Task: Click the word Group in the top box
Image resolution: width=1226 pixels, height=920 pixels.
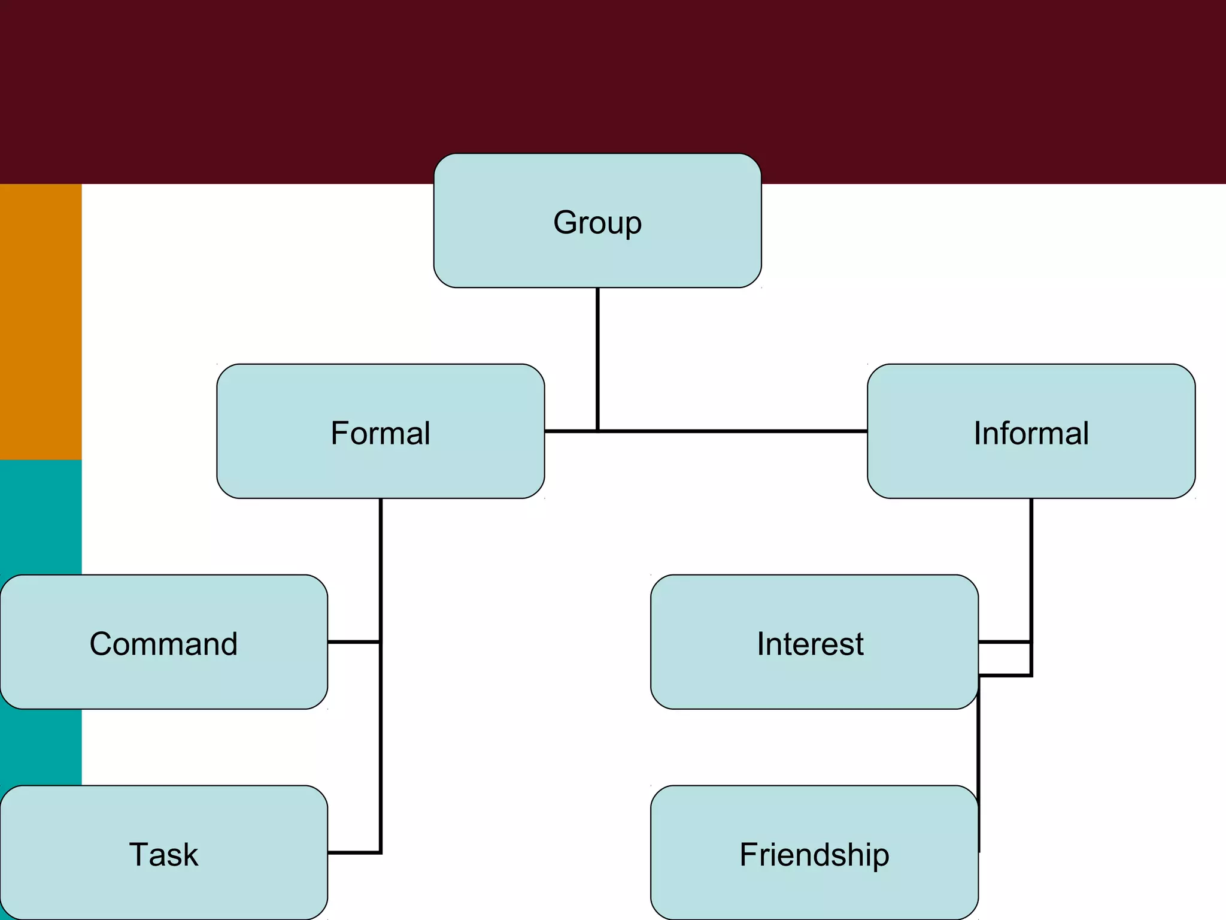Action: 597,223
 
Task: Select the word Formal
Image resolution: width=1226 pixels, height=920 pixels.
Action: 380,433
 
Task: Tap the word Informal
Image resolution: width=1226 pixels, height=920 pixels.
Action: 1031,433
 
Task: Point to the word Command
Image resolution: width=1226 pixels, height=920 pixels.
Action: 163,644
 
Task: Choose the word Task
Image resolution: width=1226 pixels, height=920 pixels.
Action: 163,855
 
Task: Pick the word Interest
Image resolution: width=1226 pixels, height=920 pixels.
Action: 810,644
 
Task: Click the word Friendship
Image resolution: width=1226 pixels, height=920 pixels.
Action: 814,855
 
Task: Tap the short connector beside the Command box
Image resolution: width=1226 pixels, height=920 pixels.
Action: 353,642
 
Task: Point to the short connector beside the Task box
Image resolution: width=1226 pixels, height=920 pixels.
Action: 353,852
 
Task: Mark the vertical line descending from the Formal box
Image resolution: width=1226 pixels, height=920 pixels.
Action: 380,569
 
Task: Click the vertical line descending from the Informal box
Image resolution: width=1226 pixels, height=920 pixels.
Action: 1031,569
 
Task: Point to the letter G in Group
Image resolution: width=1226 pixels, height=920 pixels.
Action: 564,223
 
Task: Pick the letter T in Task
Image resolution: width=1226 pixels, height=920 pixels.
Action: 139,855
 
